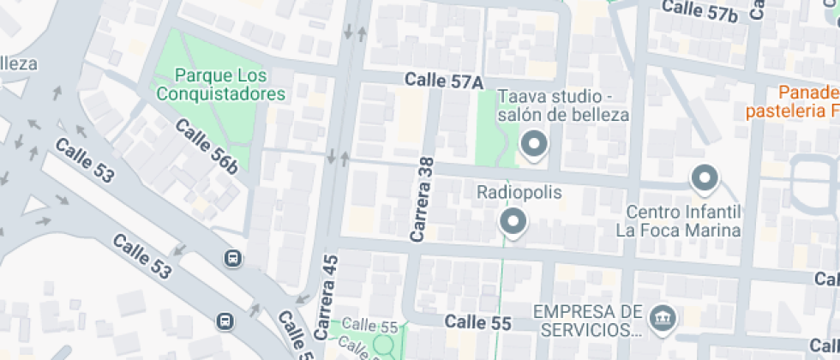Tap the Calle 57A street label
(x=445, y=81)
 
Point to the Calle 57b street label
(x=699, y=11)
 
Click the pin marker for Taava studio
(x=535, y=145)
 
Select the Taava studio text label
(x=563, y=105)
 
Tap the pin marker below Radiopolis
(x=513, y=222)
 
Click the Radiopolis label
(x=519, y=193)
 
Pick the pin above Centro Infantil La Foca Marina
(x=705, y=178)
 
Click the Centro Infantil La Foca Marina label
(x=677, y=221)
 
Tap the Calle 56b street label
(x=206, y=147)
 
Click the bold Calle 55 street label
(x=478, y=323)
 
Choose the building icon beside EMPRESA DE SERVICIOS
(x=663, y=318)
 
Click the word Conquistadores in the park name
(x=221, y=93)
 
